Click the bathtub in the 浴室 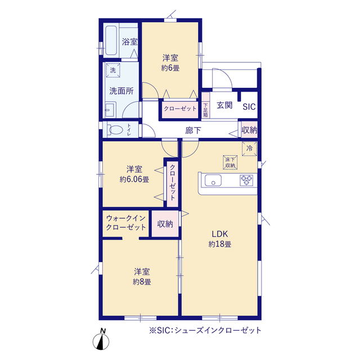point(111,40)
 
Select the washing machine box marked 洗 point(113,70)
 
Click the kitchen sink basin point(213,180)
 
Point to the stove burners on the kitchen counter point(246,180)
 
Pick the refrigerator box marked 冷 point(249,148)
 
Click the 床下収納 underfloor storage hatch point(230,163)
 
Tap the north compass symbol point(101,340)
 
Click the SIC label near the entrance point(249,107)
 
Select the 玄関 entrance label point(224,105)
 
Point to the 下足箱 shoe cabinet point(205,105)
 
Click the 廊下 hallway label point(193,130)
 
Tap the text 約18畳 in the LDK point(220,244)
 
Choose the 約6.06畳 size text point(134,179)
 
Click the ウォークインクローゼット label point(126,223)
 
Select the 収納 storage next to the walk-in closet point(165,224)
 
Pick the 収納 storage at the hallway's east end point(249,130)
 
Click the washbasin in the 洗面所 point(110,110)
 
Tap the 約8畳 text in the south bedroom point(142,282)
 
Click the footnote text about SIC point(205,330)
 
